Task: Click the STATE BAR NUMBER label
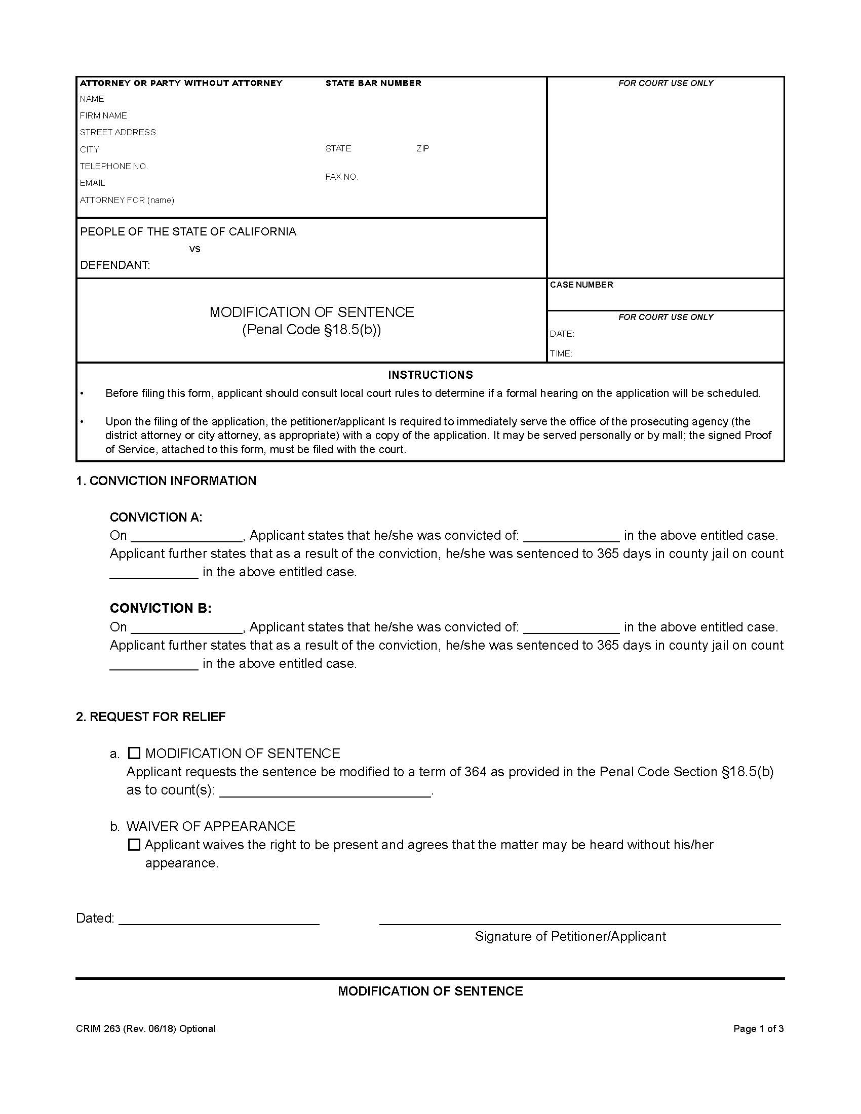pos(373,83)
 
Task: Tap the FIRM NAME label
pos(103,116)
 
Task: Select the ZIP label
pos(423,148)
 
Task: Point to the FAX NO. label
pos(342,177)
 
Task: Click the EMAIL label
pos(92,183)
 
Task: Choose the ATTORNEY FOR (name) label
pos(127,200)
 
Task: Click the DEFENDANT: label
pos(115,265)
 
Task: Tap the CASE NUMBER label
pos(581,285)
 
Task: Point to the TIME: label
pos(561,353)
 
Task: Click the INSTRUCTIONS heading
pos(430,375)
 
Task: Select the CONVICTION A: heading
pos(156,517)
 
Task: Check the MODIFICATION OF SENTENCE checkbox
pos(134,753)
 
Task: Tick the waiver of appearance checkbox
pos(134,845)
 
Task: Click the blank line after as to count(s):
pos(326,791)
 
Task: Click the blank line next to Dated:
pos(219,919)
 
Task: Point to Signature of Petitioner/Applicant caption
pos(570,936)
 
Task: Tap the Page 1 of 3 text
pos(759,1028)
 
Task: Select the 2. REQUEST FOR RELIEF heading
pos(151,717)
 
